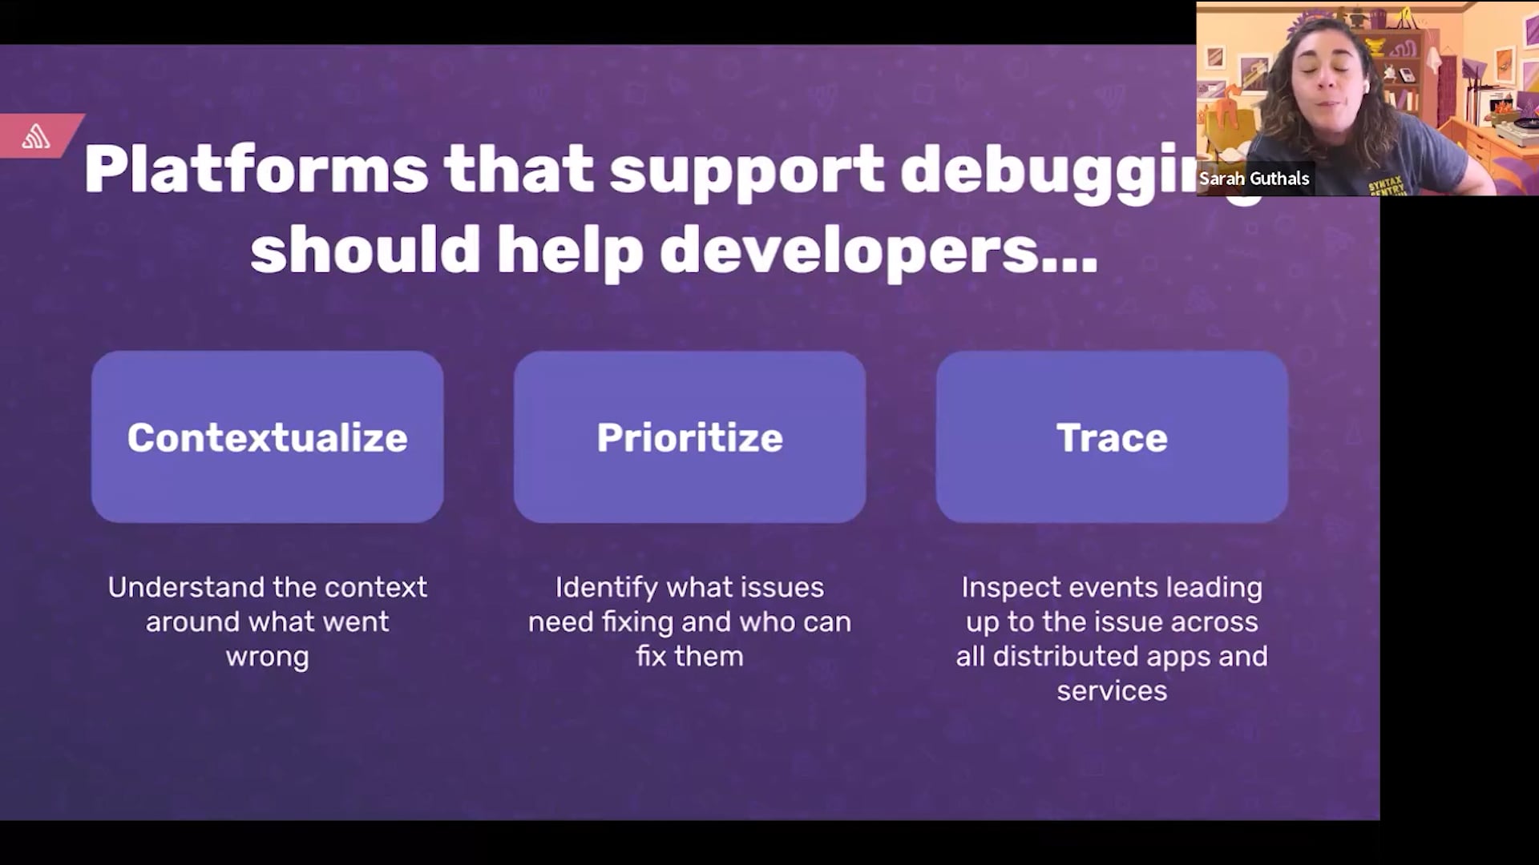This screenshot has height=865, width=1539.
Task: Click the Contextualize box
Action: pyautogui.click(x=267, y=437)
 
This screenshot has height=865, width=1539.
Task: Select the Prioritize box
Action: pyautogui.click(x=689, y=437)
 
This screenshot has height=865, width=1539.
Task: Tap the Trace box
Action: pyautogui.click(x=1112, y=437)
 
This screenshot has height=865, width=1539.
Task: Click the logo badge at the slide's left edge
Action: pyautogui.click(x=37, y=136)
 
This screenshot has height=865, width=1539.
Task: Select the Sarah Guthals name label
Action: pyautogui.click(x=1254, y=179)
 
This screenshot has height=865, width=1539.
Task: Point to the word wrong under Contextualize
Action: pyautogui.click(x=267, y=658)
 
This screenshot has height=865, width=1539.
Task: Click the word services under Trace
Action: pyautogui.click(x=1112, y=691)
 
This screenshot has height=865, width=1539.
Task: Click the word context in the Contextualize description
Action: pyautogui.click(x=376, y=588)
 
